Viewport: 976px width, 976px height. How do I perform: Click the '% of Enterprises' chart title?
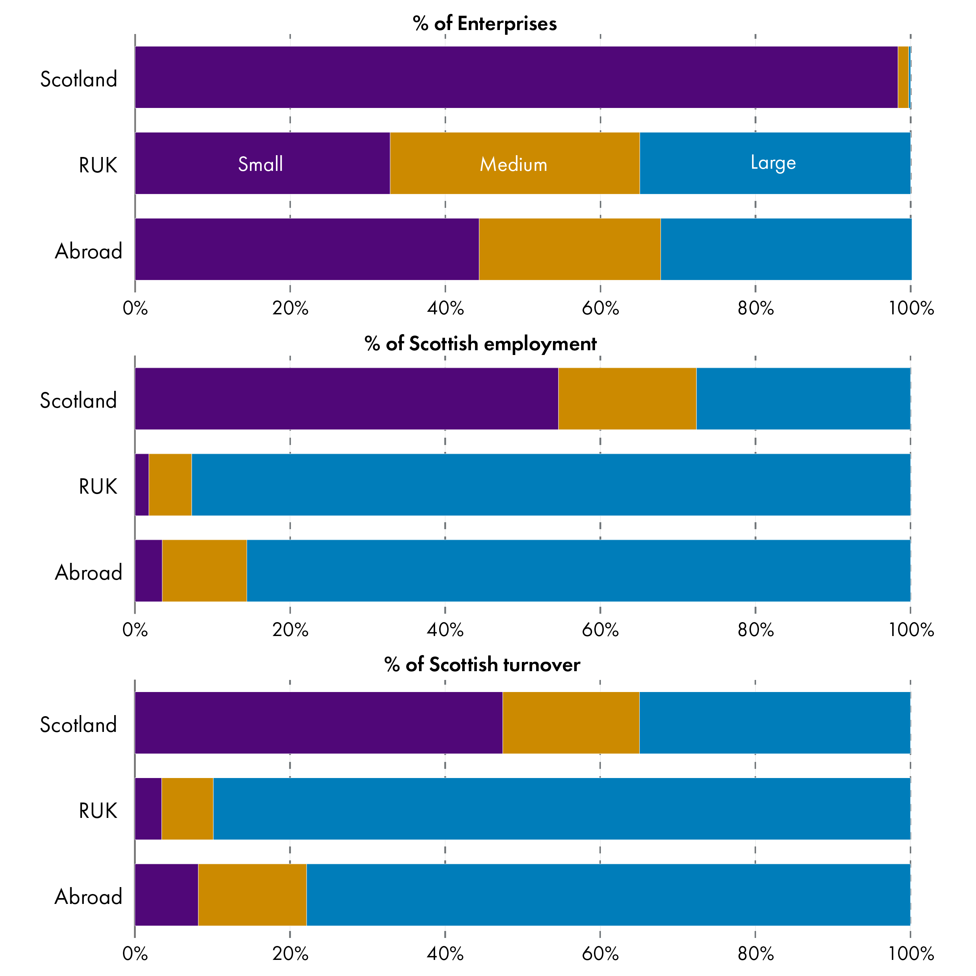(485, 24)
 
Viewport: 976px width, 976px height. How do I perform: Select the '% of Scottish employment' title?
(480, 344)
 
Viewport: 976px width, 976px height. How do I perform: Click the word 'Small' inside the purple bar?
(260, 164)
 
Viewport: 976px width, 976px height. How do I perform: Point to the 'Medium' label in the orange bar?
(513, 165)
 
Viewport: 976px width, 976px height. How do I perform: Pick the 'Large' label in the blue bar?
(773, 162)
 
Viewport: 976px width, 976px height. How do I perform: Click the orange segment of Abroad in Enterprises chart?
(569, 249)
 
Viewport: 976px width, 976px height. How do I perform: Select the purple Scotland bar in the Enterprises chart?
(515, 77)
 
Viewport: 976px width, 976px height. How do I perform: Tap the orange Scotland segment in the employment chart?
(627, 399)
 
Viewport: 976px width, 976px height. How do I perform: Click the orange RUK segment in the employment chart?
(170, 485)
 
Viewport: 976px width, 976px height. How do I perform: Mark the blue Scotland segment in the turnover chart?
(774, 722)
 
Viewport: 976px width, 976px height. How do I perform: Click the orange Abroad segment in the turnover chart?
(252, 895)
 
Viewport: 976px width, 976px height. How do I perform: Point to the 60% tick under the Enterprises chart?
(600, 308)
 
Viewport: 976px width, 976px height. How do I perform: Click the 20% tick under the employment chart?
(290, 630)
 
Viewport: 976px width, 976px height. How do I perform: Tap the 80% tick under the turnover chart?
(755, 954)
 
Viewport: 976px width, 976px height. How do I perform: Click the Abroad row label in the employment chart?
(89, 573)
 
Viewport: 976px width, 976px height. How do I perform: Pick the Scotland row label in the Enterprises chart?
(78, 79)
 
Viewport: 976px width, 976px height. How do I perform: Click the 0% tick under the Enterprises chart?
(135, 308)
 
